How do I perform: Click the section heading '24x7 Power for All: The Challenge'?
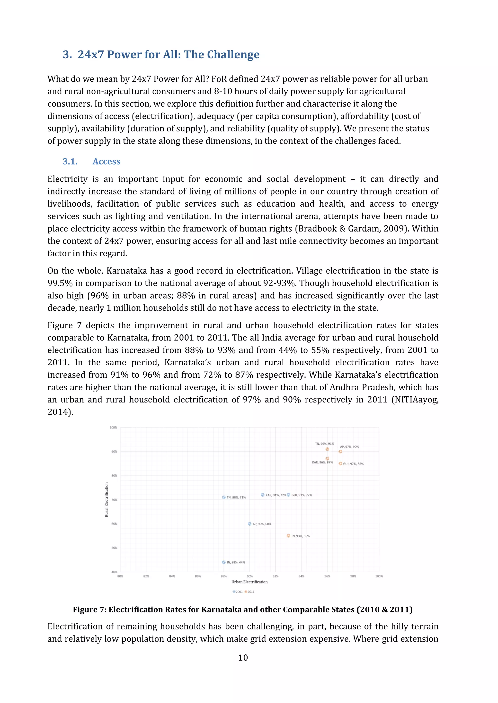(168, 55)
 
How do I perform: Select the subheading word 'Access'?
(107, 161)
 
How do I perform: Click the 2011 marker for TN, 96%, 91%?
(327, 449)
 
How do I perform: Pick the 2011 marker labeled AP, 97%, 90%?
(340, 452)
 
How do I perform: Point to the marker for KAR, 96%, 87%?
(327, 459)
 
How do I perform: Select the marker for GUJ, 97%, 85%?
(340, 464)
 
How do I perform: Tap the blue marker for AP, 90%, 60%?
(250, 524)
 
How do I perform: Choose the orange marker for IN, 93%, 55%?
(288, 536)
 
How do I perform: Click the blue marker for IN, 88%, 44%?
(224, 562)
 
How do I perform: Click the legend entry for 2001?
(238, 592)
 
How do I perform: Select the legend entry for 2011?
(250, 592)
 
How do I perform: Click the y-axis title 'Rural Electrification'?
(107, 499)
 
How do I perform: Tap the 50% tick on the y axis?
(114, 548)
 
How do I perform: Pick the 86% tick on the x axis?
(198, 576)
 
